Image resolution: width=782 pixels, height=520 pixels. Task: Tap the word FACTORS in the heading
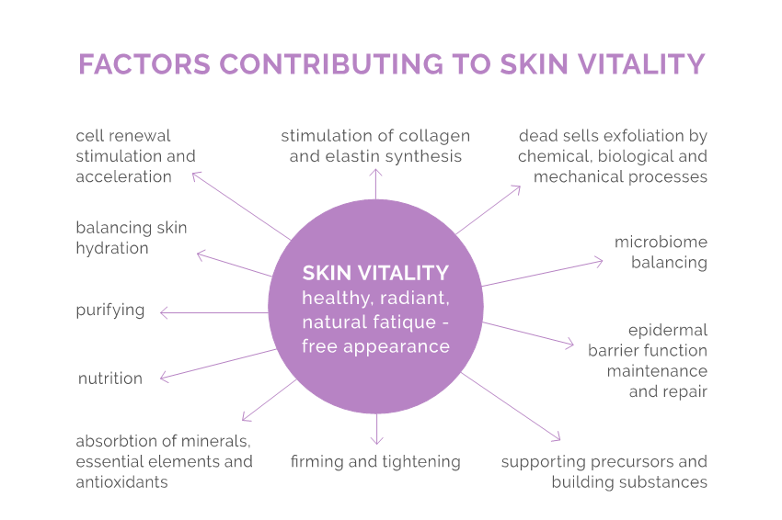(144, 64)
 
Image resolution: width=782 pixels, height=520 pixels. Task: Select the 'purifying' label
(110, 311)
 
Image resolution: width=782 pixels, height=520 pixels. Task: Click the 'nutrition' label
(110, 379)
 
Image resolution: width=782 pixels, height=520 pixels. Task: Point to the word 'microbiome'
(661, 242)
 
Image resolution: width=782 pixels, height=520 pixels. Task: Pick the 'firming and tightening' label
(375, 462)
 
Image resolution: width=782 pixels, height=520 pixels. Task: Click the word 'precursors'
(632, 462)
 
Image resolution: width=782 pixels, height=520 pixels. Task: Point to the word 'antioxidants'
(121, 482)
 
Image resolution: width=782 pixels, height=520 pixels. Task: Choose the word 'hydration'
(112, 249)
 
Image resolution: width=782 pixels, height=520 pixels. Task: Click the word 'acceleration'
(123, 176)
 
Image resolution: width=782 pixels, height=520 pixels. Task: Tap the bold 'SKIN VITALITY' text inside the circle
(375, 273)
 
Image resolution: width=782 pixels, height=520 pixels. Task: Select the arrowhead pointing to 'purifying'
(164, 312)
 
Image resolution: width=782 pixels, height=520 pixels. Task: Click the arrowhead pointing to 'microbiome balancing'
(598, 262)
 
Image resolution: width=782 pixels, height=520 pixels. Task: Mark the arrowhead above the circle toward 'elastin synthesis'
(375, 173)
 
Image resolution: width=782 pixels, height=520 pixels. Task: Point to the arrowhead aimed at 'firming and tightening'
(376, 440)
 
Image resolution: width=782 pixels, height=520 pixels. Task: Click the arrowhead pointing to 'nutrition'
(164, 378)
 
